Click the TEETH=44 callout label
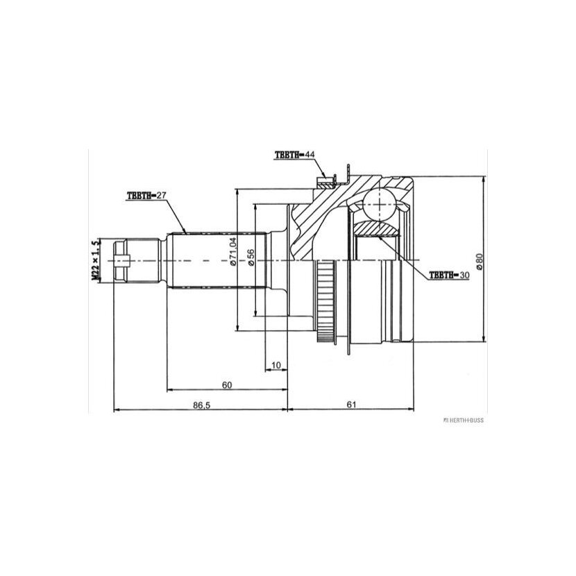click(295, 155)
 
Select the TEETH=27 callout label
click(147, 196)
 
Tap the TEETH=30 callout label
click(449, 275)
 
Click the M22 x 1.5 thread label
click(96, 260)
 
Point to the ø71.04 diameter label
click(232, 252)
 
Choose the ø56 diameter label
click(251, 257)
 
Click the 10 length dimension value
click(276, 365)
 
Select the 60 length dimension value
click(227, 385)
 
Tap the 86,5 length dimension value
click(201, 405)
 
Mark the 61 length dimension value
click(352, 405)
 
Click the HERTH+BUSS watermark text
click(463, 421)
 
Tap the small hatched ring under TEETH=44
click(325, 183)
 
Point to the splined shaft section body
click(217, 260)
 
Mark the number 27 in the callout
click(162, 196)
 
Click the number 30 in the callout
click(464, 275)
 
